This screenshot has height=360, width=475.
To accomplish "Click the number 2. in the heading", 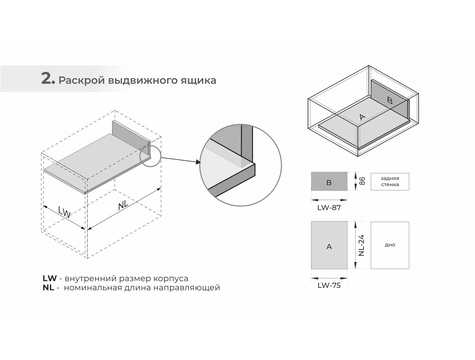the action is [48, 79].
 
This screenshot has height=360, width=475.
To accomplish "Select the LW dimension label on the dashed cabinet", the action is [64, 212].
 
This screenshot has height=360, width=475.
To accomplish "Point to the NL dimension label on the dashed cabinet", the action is [123, 205].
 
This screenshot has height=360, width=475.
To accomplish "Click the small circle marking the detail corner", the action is [150, 155].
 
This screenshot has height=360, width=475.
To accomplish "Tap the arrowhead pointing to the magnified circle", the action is [197, 162].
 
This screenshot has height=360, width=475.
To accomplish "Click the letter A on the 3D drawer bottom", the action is [362, 117].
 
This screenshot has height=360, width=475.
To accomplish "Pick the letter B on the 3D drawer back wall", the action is [390, 100].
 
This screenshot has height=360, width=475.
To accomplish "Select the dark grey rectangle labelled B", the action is [329, 181].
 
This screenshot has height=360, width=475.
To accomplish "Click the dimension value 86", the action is [362, 181].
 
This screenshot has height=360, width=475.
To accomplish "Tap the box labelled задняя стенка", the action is [390, 182].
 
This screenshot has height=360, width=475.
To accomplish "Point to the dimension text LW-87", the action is [329, 208].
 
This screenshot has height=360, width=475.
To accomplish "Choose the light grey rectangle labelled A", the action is [329, 245].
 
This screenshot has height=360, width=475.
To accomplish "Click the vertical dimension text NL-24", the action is [362, 245].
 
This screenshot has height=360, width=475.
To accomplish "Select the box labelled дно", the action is [390, 245].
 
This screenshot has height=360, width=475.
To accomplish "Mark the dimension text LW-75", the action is [329, 286].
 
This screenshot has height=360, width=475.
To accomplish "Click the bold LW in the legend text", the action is [50, 278].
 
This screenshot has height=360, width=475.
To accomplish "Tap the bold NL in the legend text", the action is [48, 288].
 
